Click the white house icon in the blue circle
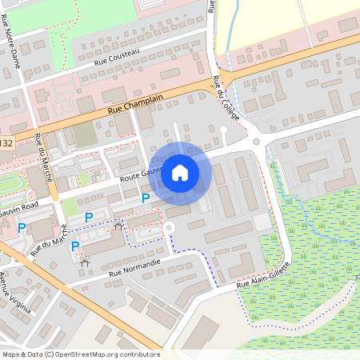(180, 172)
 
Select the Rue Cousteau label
(117, 57)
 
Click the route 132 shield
(6, 143)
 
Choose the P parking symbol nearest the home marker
(146, 198)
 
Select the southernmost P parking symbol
(75, 246)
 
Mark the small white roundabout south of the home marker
(168, 228)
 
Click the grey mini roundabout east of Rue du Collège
(257, 142)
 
